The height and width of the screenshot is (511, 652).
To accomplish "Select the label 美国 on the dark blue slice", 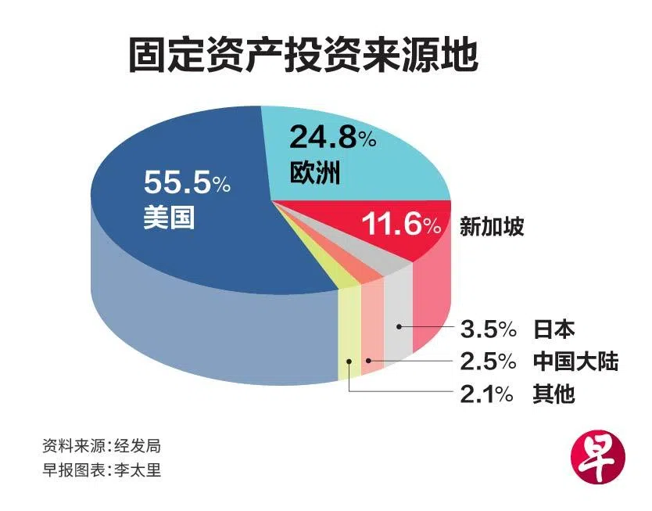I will pos(168,217).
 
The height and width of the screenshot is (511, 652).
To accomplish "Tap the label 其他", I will pos(554,394).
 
